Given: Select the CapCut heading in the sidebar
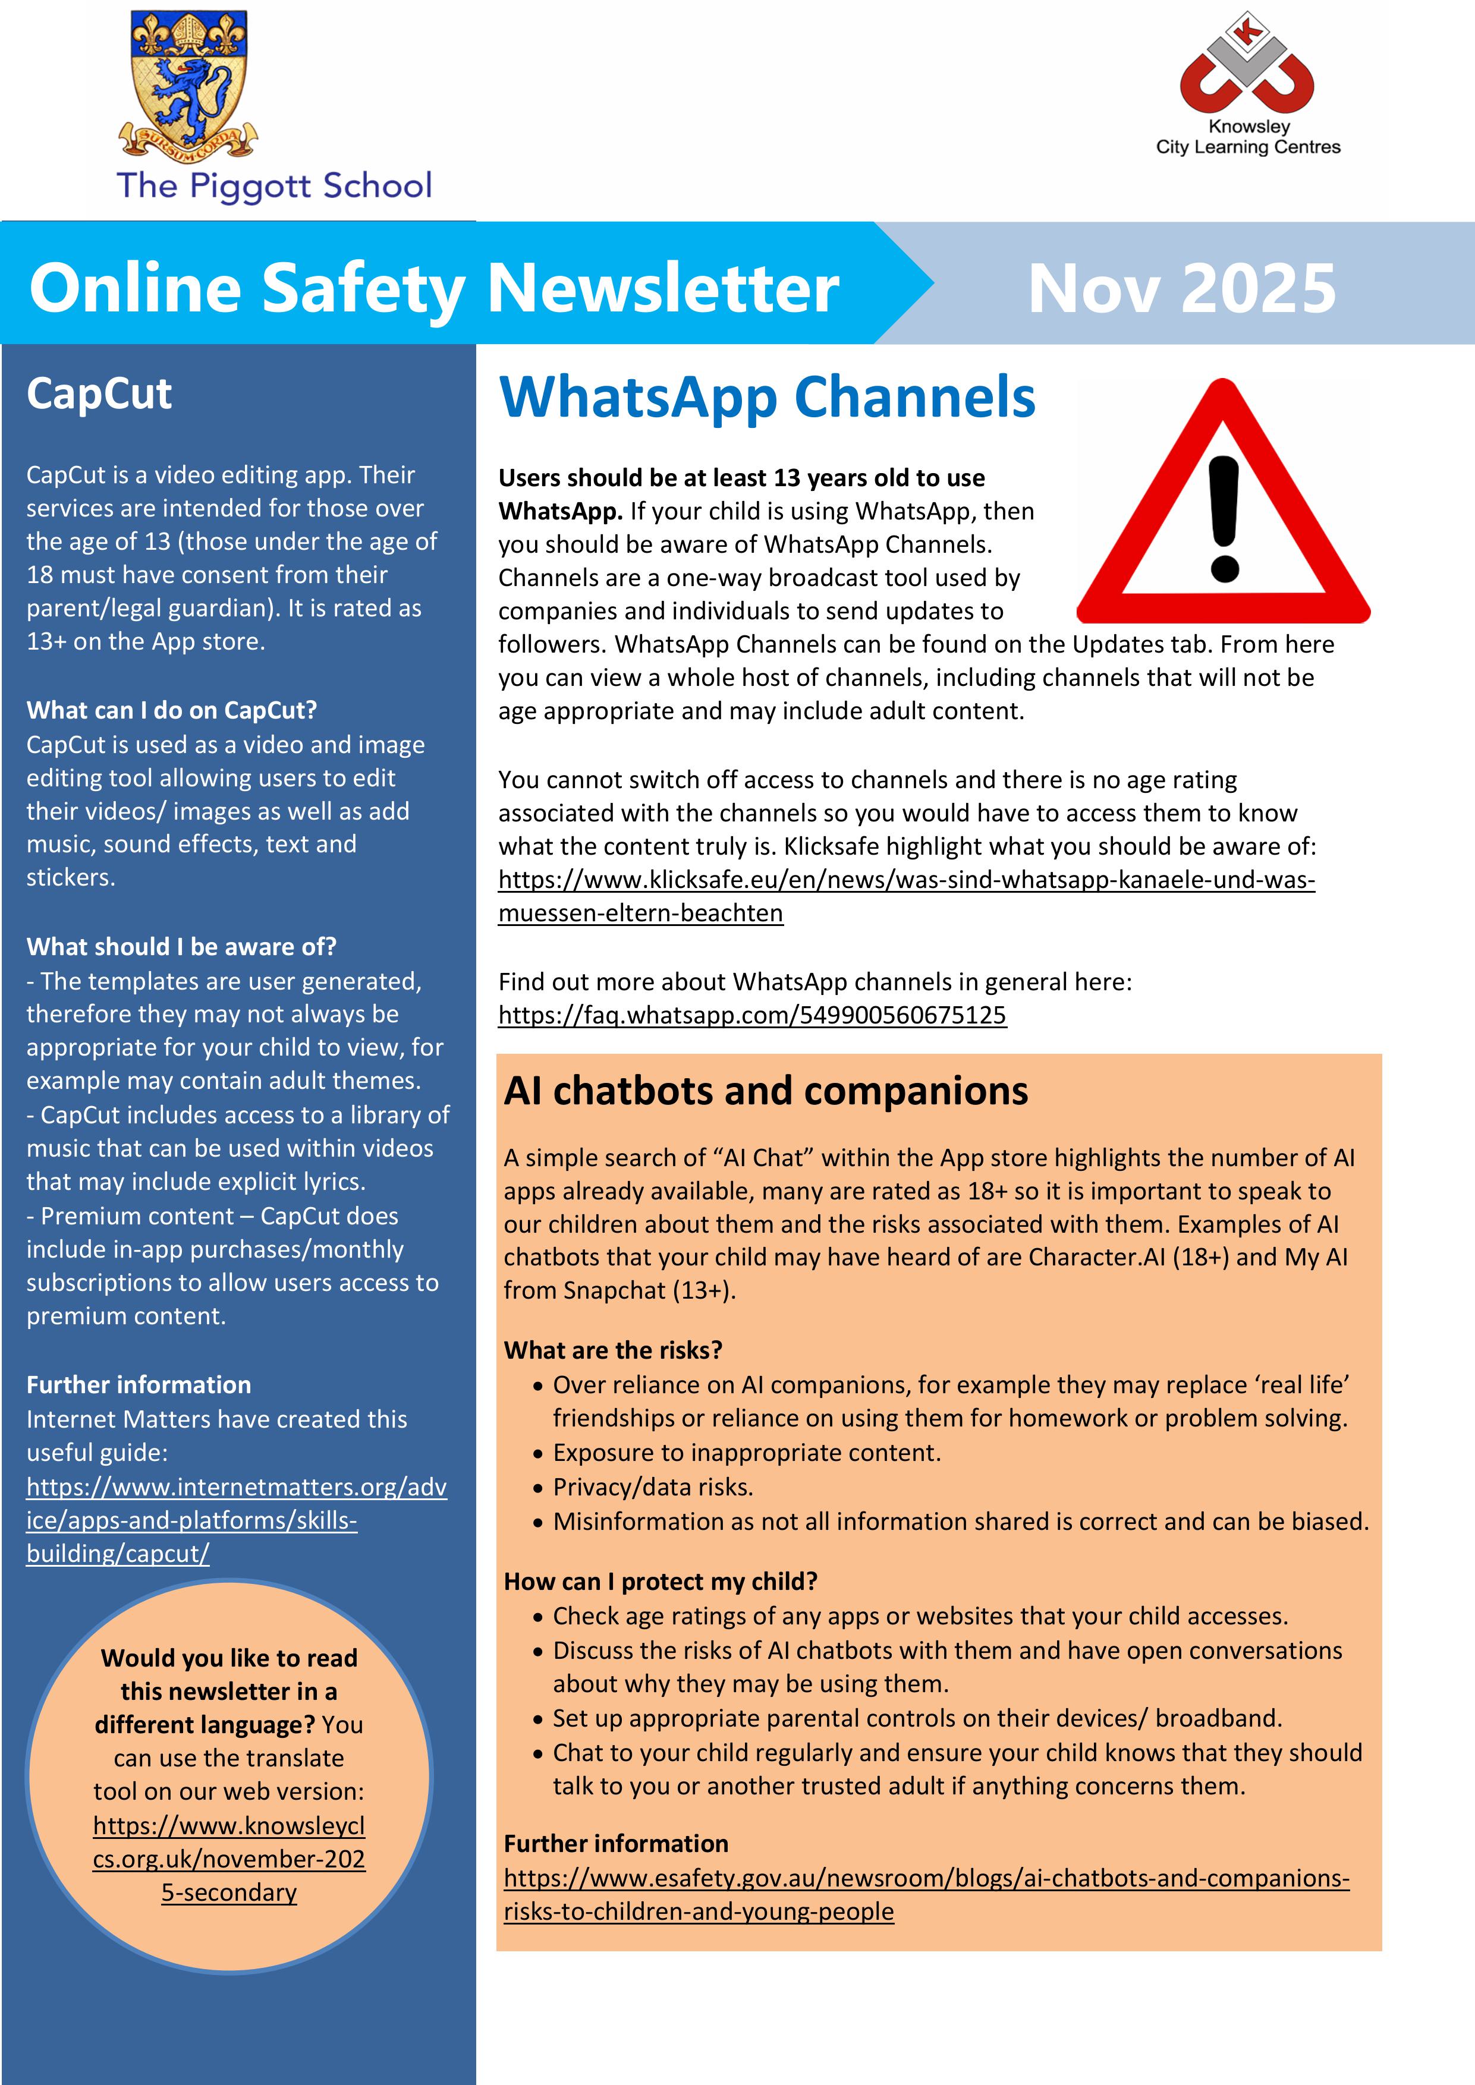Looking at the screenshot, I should pos(99,393).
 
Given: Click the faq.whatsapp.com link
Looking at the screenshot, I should pos(752,1015).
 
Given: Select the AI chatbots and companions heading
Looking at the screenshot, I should pos(766,1091).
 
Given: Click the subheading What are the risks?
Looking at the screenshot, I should pos(613,1350).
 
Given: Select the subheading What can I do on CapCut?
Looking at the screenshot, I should pos(172,710).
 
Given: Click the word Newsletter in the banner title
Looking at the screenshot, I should pos(663,289).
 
